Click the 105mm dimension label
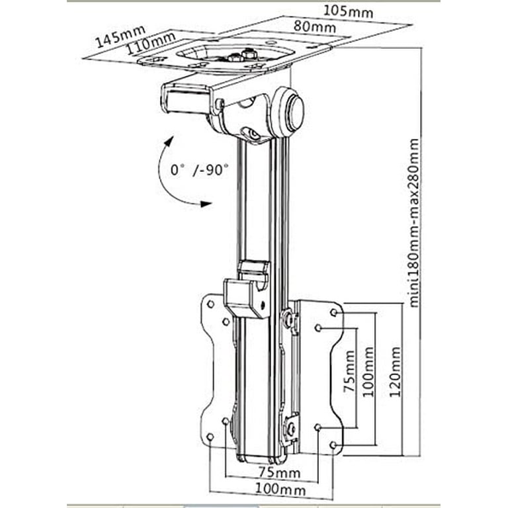[349, 12]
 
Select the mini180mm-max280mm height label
[414, 222]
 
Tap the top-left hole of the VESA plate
[210, 304]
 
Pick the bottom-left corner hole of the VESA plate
[210, 437]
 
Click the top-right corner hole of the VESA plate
[334, 312]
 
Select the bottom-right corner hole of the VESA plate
[334, 444]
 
